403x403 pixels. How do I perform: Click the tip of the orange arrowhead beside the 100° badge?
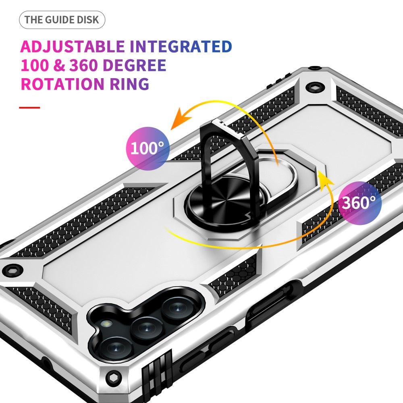point(170,129)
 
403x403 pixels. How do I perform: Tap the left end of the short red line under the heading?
point(19,108)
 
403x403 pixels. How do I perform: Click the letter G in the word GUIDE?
point(49,20)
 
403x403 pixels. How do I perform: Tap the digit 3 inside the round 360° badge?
point(347,203)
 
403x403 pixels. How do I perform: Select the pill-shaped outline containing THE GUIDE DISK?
point(62,20)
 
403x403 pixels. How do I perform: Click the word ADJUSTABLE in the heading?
point(72,46)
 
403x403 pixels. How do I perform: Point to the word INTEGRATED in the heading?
point(181,46)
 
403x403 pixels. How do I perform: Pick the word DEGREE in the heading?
point(135,65)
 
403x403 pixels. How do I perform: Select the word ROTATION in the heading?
point(62,84)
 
